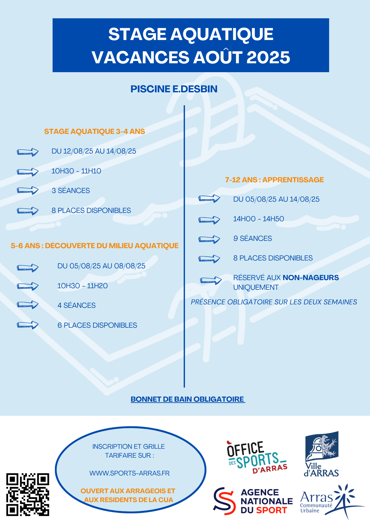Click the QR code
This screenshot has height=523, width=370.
pos(28,494)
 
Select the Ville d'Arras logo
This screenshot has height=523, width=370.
pos(322,454)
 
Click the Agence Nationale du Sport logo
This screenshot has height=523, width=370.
pos(253,501)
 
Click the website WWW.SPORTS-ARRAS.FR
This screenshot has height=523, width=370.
pos(130,473)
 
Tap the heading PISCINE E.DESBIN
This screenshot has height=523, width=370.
pos(174,89)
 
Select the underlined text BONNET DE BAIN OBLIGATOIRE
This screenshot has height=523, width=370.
pos(187,399)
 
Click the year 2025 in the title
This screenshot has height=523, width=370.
pos(268,57)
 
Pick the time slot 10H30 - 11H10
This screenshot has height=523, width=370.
pos(76,171)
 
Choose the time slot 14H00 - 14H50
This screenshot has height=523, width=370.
pos(259,219)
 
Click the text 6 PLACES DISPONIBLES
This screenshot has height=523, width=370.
pos(97,325)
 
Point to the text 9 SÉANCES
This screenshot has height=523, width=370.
pos(253,238)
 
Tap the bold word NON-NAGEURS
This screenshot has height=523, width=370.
pos(311,278)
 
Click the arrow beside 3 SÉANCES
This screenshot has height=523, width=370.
pos(28,190)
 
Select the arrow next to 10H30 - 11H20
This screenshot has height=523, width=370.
pos(28,286)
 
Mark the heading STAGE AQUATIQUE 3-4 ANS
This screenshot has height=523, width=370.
pos(94,131)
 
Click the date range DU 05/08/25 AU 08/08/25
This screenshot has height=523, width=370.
pos(102,266)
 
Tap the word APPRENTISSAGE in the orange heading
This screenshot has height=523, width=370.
pos(293,180)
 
